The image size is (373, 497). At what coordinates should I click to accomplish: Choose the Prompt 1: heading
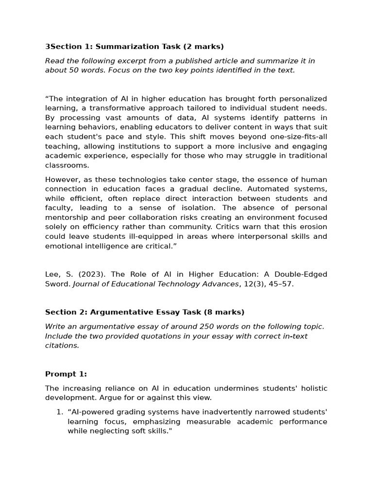point(66,374)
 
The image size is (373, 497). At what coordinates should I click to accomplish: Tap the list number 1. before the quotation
point(60,412)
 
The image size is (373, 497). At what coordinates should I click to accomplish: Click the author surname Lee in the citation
point(52,274)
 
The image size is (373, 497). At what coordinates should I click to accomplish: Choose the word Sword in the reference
point(57,284)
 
